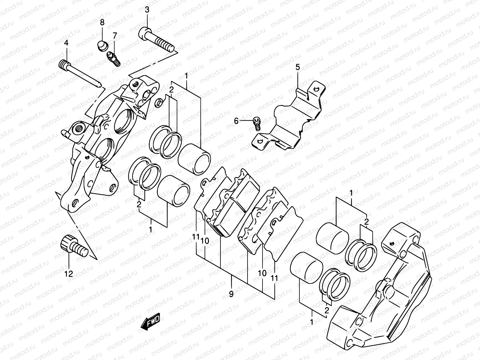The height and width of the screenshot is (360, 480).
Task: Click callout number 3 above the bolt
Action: point(147,10)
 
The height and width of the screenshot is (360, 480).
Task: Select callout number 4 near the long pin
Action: point(66,43)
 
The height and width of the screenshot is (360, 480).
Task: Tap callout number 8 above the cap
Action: point(102,22)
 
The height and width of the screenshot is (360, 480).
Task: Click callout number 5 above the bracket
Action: point(297,67)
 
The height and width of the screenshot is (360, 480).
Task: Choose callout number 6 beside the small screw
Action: point(236,121)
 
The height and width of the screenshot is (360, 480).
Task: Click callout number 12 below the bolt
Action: point(69,274)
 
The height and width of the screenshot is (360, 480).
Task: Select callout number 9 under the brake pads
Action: point(231,294)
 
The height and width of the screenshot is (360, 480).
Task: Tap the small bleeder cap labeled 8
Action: point(102,46)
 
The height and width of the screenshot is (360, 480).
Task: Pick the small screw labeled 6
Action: point(257,123)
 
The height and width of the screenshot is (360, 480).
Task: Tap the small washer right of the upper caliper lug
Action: point(159,102)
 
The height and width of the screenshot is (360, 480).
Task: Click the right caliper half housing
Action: point(387,297)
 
